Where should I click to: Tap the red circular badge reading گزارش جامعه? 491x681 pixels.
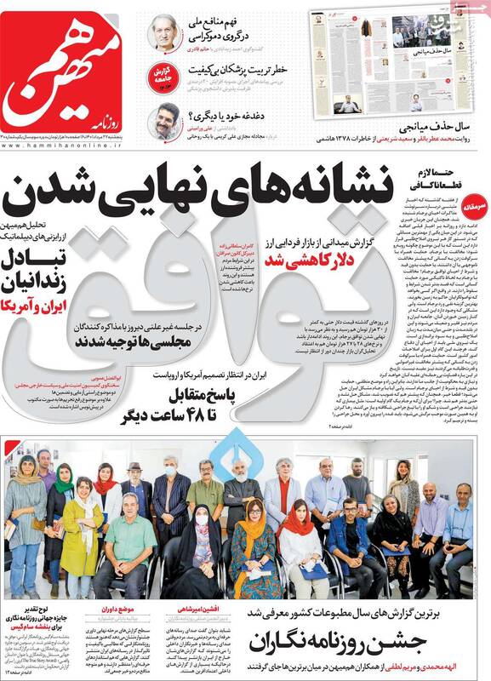pos(163,74)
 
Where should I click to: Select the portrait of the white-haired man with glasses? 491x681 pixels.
pos(163,32)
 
